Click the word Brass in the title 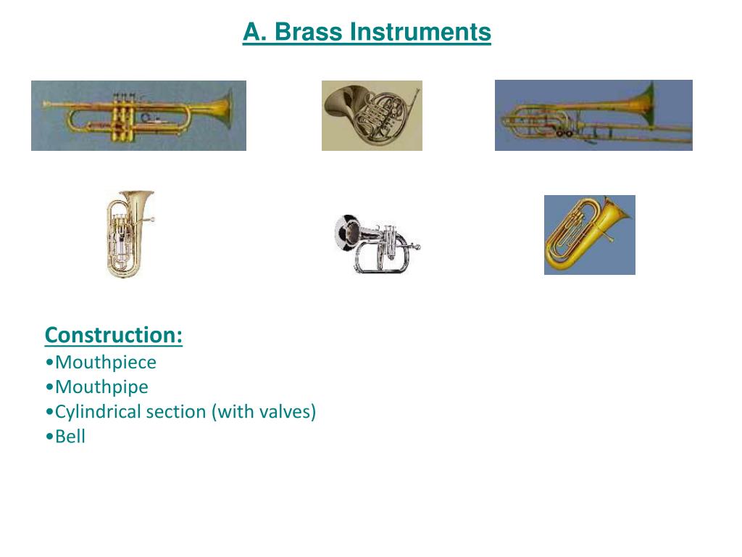(x=308, y=32)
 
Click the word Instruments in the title (x=420, y=32)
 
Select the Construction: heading (x=114, y=335)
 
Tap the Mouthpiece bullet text (x=106, y=363)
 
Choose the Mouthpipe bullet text (x=101, y=387)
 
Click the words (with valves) (x=264, y=412)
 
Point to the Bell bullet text (x=70, y=436)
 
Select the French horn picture (x=372, y=115)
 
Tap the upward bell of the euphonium (x=136, y=196)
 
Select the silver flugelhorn (x=377, y=244)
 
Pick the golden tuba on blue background (x=590, y=235)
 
